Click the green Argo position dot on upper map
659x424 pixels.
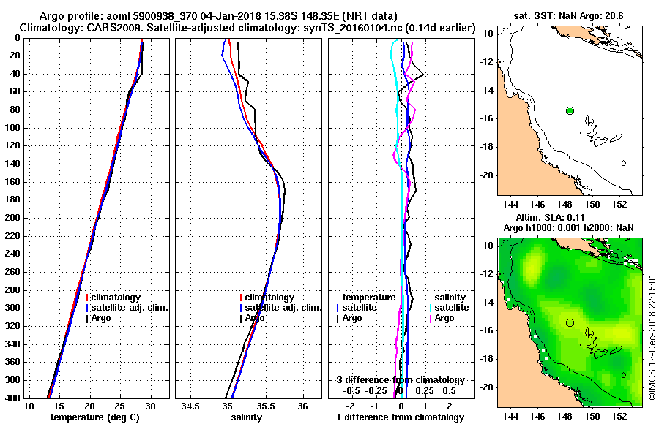[x=570, y=110]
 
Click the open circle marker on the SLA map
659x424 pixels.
[x=570, y=322]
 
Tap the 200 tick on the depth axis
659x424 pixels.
[x=13, y=218]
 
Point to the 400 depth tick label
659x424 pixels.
[x=13, y=398]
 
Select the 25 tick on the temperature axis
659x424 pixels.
[x=120, y=406]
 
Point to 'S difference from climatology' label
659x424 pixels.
[x=401, y=380]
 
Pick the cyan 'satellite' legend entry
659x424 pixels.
[x=448, y=308]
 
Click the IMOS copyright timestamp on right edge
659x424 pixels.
[x=652, y=336]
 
